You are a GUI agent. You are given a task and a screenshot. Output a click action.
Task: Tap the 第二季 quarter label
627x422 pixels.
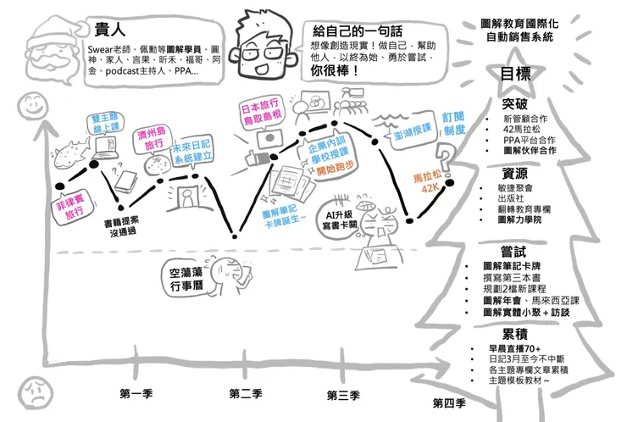pos(246,393)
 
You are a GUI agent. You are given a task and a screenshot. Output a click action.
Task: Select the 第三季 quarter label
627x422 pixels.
pos(344,395)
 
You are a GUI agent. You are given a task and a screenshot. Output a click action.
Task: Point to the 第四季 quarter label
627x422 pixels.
pos(448,402)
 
